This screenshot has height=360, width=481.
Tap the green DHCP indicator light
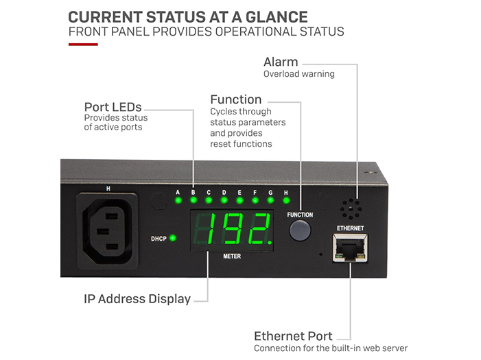click(x=173, y=238)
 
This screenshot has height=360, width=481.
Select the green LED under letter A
click(x=178, y=202)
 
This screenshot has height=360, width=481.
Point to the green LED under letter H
click(x=285, y=202)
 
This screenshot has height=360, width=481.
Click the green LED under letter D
click(x=224, y=202)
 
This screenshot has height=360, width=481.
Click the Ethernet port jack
click(x=350, y=247)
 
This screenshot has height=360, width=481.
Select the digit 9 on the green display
click(x=233, y=230)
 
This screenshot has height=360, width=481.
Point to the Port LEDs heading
click(x=113, y=107)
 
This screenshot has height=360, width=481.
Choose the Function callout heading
click(x=235, y=100)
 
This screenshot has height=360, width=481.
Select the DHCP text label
click(x=158, y=239)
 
